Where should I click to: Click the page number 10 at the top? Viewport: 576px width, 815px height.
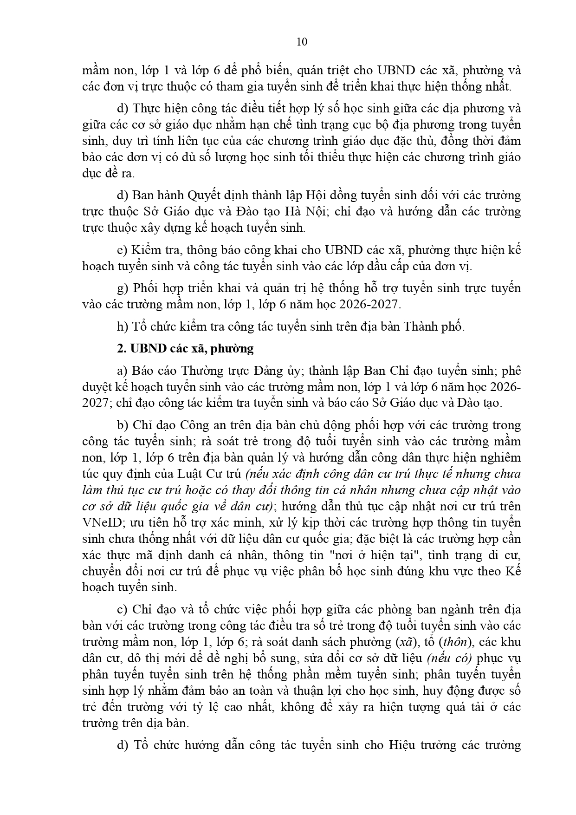(x=301, y=42)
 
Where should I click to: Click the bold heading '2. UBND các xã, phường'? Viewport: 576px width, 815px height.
(x=186, y=348)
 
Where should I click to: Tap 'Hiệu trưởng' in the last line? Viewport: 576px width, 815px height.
(x=421, y=745)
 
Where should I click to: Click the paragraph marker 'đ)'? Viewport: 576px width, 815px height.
(x=123, y=196)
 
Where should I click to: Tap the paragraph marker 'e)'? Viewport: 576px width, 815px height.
(x=123, y=250)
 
